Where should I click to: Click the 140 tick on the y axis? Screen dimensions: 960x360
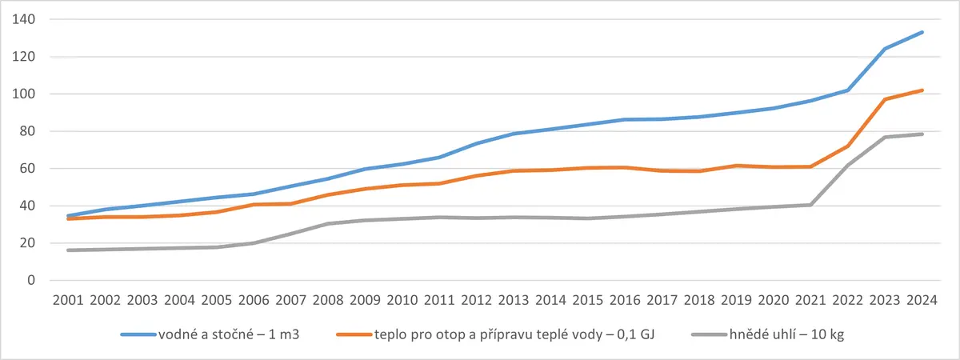pyautogui.click(x=23, y=19)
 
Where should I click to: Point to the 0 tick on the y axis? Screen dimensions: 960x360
pyautogui.click(x=31, y=280)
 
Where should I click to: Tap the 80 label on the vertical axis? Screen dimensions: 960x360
pyautogui.click(x=27, y=131)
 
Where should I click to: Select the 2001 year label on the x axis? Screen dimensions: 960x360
pyautogui.click(x=68, y=300)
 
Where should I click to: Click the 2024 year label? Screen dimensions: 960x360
pyautogui.click(x=922, y=300)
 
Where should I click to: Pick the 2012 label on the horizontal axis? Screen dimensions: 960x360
pyautogui.click(x=477, y=300)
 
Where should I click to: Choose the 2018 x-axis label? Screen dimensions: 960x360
pyautogui.click(x=699, y=300)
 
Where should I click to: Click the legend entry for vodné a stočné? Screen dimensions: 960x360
pyautogui.click(x=210, y=334)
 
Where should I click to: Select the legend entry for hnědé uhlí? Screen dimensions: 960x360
pyautogui.click(x=768, y=334)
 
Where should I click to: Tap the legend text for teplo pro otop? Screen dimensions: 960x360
pyautogui.click(x=495, y=334)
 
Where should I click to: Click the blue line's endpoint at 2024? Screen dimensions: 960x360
pyautogui.click(x=922, y=32)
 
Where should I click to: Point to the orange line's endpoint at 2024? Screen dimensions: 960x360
pyautogui.click(x=922, y=90)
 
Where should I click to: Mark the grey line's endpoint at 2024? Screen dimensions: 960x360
pyautogui.click(x=922, y=134)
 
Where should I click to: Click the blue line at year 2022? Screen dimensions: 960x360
pyautogui.click(x=848, y=90)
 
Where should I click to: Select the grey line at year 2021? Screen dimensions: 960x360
pyautogui.click(x=810, y=205)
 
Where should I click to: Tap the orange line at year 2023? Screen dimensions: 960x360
pyautogui.click(x=885, y=99)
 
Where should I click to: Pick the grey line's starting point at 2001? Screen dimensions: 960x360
pyautogui.click(x=68, y=250)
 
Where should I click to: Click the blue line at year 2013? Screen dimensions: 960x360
pyautogui.click(x=514, y=134)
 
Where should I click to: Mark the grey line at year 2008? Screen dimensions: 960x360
pyautogui.click(x=328, y=224)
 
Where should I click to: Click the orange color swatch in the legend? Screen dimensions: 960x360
pyautogui.click(x=354, y=334)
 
